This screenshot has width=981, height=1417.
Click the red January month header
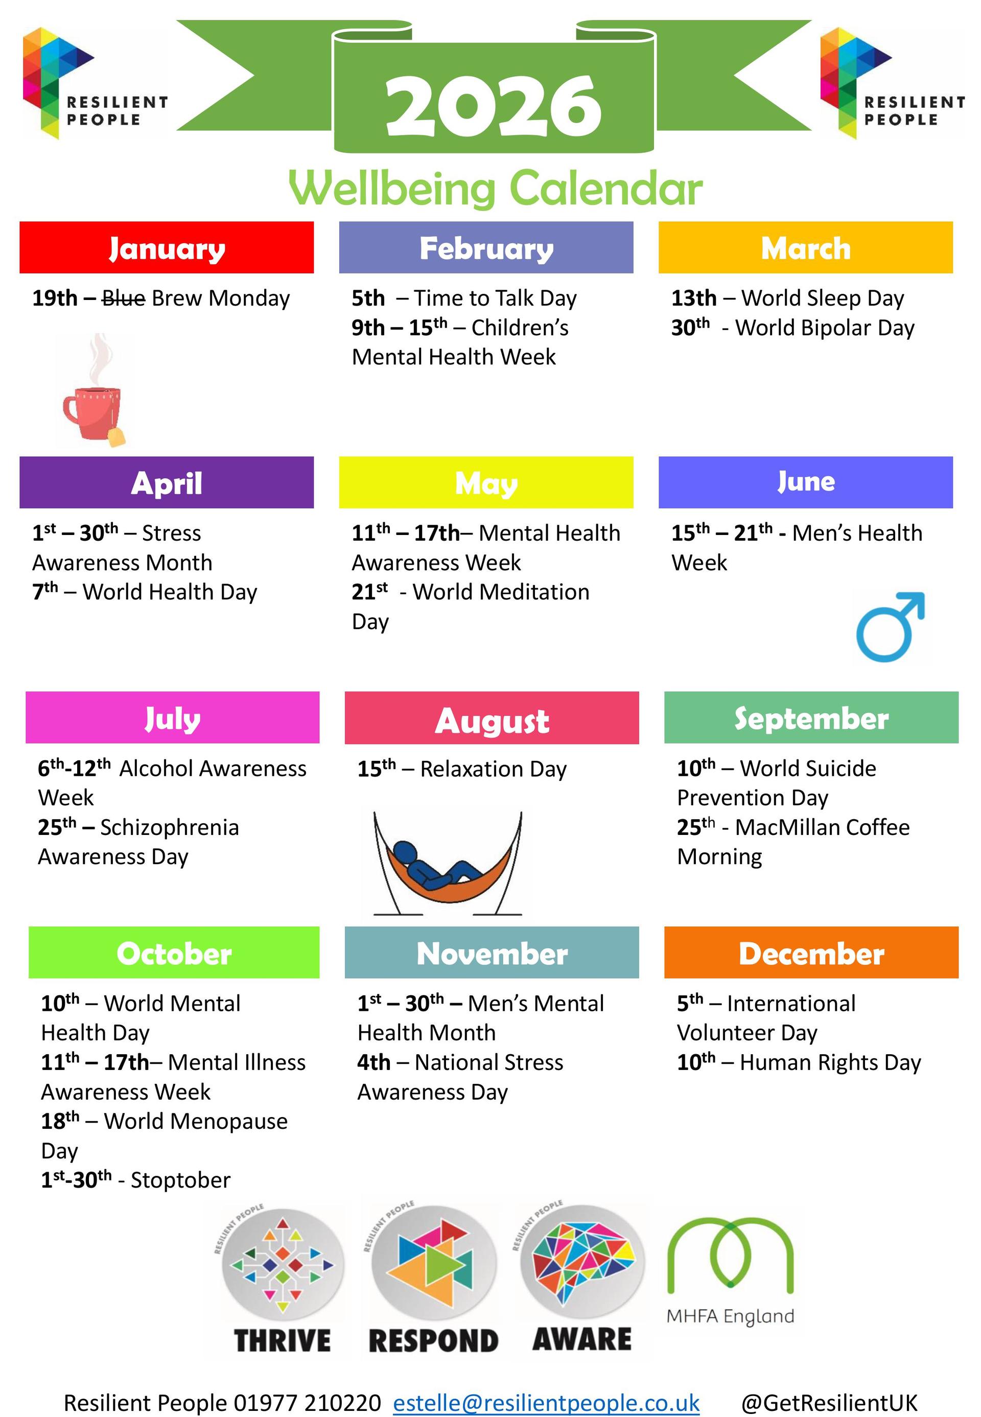click(167, 247)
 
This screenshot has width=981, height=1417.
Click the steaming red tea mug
click(94, 390)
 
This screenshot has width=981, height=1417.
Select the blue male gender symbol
click(890, 626)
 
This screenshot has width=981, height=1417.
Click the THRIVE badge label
click(282, 1340)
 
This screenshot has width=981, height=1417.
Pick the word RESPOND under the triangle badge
click(433, 1341)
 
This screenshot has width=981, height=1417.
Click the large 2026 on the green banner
click(494, 106)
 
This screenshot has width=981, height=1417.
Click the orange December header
click(811, 953)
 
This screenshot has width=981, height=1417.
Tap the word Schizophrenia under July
click(169, 827)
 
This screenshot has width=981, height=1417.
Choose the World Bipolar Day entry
click(793, 328)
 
